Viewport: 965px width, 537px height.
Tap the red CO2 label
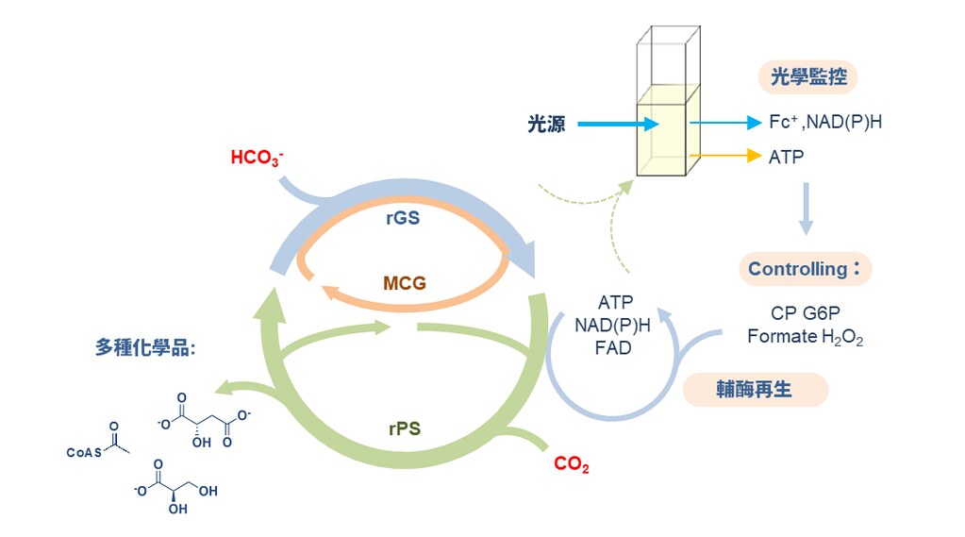tap(571, 463)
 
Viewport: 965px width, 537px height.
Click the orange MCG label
tap(405, 282)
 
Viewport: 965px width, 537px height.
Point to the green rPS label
tap(405, 429)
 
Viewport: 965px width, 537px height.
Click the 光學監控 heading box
tap(807, 77)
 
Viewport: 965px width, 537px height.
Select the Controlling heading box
tap(804, 269)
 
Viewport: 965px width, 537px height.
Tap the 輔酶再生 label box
tap(755, 390)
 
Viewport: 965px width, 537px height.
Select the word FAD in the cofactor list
tap(613, 347)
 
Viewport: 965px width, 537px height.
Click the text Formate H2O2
tap(805, 337)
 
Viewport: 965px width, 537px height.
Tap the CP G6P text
tap(805, 313)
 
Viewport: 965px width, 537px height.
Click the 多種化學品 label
tap(145, 347)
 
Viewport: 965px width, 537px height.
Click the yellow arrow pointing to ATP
tap(725, 156)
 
